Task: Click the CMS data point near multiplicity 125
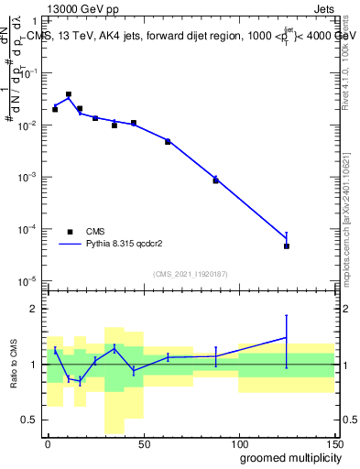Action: click(287, 245)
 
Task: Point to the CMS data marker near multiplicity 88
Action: click(215, 180)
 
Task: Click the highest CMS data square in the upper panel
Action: click(69, 94)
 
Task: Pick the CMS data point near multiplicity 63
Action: click(168, 141)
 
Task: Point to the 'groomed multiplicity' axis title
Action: click(286, 457)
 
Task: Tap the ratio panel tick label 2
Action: click(34, 309)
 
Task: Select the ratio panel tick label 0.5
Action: click(30, 420)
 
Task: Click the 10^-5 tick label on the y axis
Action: click(27, 280)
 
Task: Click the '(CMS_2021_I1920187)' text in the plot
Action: click(191, 274)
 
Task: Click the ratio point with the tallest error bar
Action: click(287, 337)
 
